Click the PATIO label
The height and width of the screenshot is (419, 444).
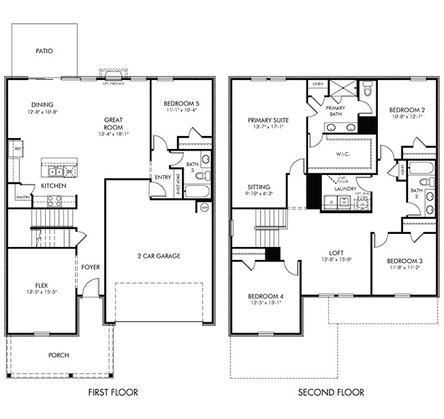pos(44,51)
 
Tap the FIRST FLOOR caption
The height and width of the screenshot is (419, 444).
pos(113,392)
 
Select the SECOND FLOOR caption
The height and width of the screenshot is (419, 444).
pos(332,392)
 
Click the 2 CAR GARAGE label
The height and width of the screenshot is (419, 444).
pos(159,256)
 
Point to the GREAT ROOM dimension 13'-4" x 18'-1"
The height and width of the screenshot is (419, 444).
pos(115,133)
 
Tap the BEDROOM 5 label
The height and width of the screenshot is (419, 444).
pos(182,104)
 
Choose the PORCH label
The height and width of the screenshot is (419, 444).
pos(58,355)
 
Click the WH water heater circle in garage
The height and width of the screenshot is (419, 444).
pos(204,207)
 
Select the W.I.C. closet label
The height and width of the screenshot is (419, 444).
pos(342,153)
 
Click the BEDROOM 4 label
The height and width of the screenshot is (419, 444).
pos(266,296)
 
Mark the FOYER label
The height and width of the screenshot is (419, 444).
pos(91,267)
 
